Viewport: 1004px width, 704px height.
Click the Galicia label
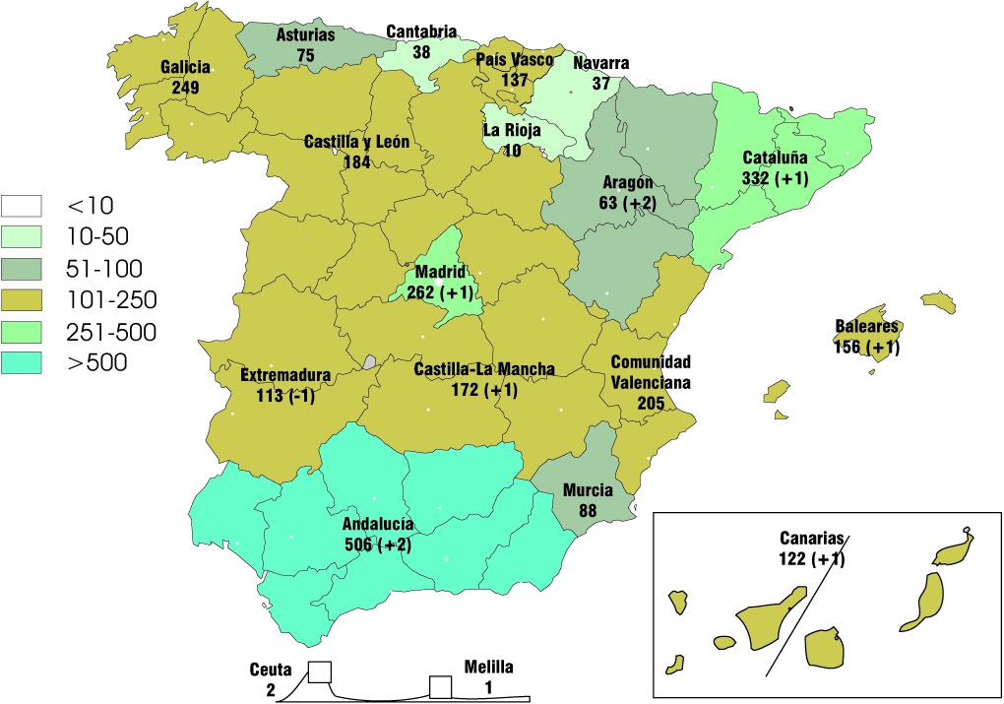(x=185, y=67)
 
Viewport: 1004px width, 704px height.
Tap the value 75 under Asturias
(x=305, y=56)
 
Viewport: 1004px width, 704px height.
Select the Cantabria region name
(x=421, y=32)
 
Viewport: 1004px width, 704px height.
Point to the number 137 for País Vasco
(x=515, y=79)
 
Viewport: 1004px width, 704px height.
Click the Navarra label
(x=600, y=64)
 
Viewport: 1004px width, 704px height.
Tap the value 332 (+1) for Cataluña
(x=775, y=178)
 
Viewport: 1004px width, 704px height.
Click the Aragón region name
(x=627, y=183)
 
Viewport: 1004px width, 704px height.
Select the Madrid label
(x=439, y=272)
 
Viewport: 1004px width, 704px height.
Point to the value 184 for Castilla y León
(x=356, y=162)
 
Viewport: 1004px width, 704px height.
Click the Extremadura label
(x=285, y=375)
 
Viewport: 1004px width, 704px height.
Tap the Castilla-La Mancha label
(x=483, y=369)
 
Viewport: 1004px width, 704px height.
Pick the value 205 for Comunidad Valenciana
(x=650, y=402)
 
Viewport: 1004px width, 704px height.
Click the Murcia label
(x=588, y=489)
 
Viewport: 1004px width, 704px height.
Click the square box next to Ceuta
(x=319, y=672)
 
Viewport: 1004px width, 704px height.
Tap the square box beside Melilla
(x=439, y=686)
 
